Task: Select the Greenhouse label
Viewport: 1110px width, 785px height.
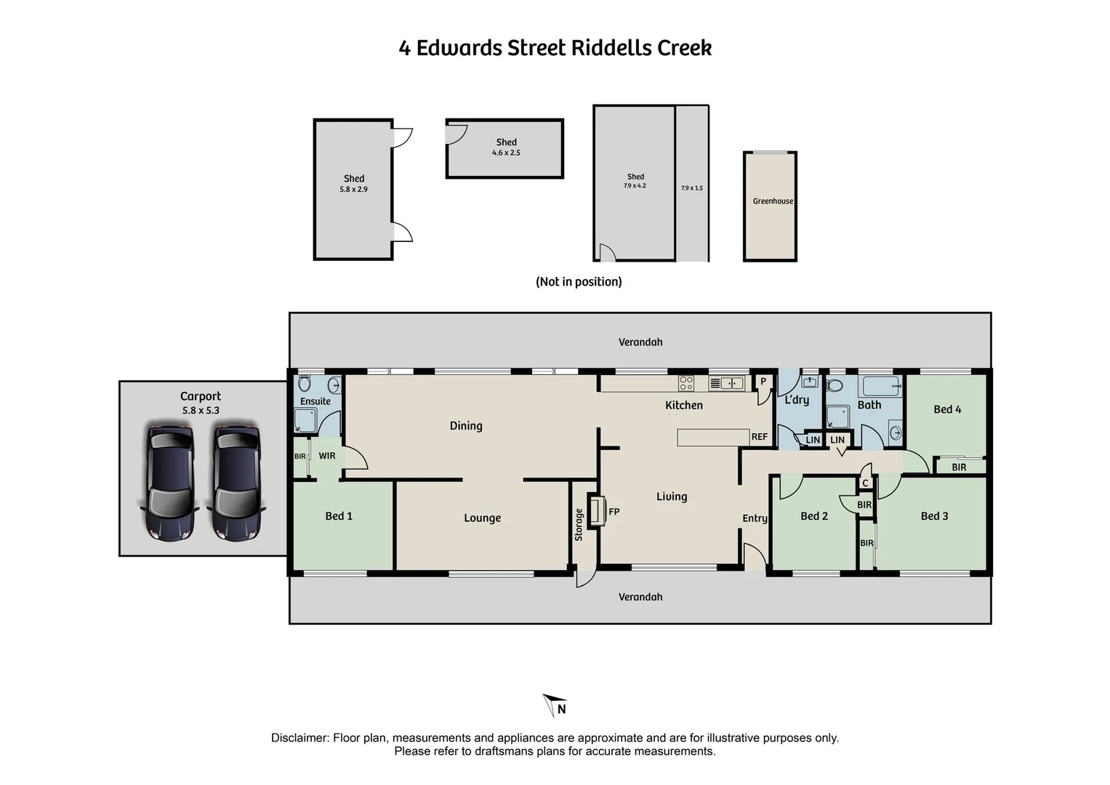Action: click(x=772, y=201)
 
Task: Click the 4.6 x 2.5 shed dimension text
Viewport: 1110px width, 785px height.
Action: click(x=506, y=153)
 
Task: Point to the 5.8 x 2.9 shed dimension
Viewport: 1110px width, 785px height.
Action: click(x=353, y=190)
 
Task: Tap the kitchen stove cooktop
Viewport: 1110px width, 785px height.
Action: click(x=685, y=383)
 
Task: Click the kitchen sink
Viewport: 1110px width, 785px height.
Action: click(x=726, y=383)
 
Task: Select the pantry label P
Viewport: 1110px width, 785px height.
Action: click(x=763, y=382)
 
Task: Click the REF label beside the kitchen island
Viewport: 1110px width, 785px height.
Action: click(x=759, y=437)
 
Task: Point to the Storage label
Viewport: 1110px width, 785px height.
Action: click(x=579, y=525)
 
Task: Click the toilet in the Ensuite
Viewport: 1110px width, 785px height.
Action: click(x=304, y=383)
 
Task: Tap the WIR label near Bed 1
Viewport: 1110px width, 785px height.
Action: click(x=327, y=456)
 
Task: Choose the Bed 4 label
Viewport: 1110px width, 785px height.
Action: click(x=946, y=409)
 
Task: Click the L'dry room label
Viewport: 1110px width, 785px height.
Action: click(x=797, y=400)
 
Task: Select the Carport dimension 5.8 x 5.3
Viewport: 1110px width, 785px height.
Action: click(x=201, y=411)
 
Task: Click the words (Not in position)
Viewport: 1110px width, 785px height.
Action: click(x=579, y=282)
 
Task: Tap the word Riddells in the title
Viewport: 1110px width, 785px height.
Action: click(x=611, y=48)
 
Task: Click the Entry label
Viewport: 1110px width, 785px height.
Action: click(x=755, y=518)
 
